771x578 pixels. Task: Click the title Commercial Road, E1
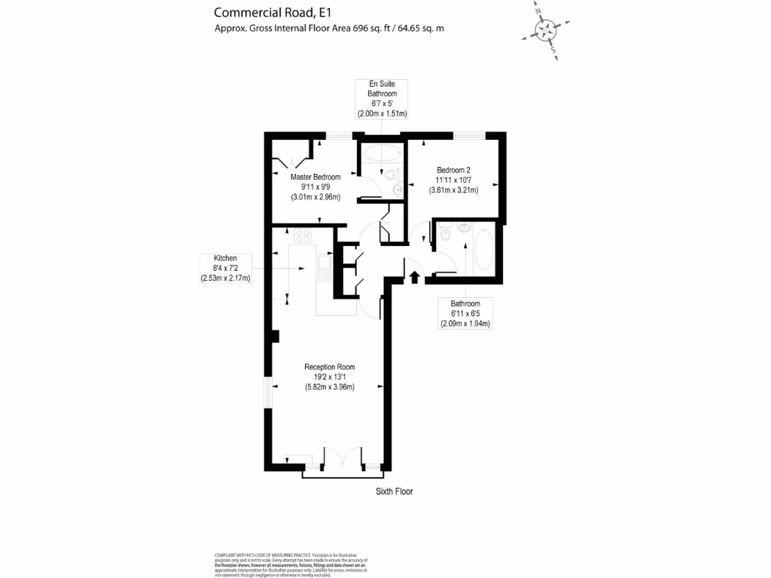tap(262, 12)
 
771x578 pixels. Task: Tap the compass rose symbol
tap(544, 30)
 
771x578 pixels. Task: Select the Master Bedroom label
tap(315, 178)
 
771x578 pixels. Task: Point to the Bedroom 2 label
tap(453, 171)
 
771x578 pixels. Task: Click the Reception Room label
tap(329, 367)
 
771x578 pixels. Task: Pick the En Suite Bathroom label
tap(382, 89)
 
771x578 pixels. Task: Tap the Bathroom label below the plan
tap(465, 304)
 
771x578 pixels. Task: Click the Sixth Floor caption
tap(395, 491)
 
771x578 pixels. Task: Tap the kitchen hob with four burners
tap(303, 236)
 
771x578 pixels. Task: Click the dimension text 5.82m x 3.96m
tap(329, 387)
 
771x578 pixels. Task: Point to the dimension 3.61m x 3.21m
tap(453, 190)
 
